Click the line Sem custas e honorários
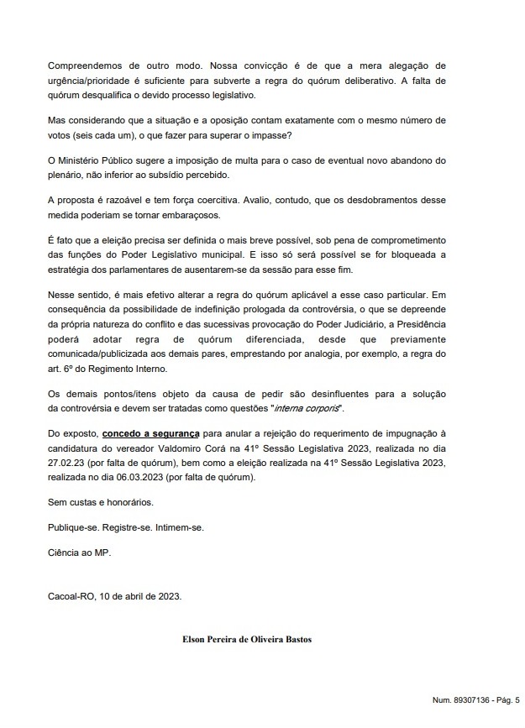coord(101,504)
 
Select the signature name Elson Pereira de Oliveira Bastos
coord(248,639)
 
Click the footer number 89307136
coord(463,698)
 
